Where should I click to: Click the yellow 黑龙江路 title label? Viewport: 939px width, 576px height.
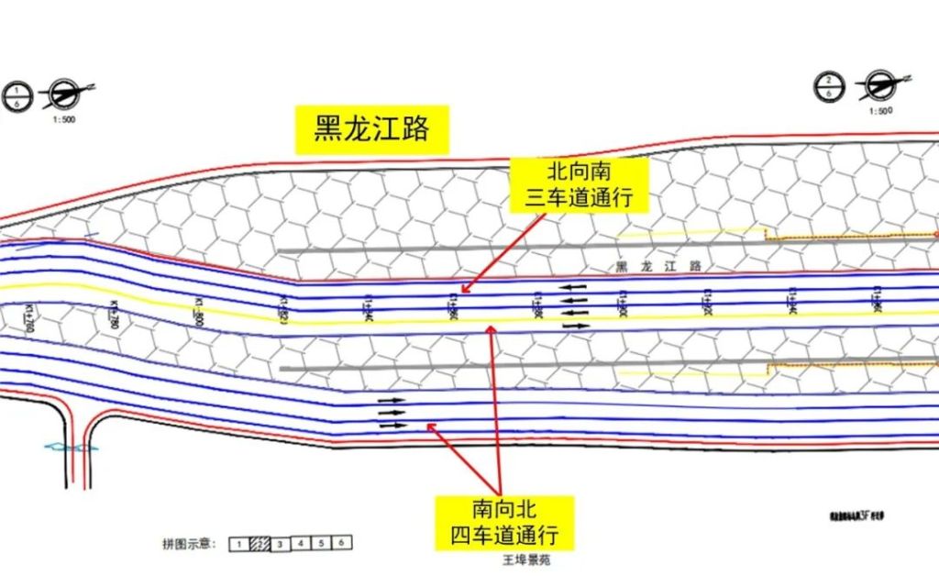pos(371,129)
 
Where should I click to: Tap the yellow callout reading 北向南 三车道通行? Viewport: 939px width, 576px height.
pos(579,183)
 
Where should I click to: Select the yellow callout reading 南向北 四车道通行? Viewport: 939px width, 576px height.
pos(504,522)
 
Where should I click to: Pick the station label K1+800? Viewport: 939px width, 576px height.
pos(199,312)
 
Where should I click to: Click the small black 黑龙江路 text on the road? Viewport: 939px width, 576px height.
pos(657,266)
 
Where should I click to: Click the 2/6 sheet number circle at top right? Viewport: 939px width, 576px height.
pos(828,88)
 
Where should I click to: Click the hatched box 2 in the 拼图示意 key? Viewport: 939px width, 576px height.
pos(260,543)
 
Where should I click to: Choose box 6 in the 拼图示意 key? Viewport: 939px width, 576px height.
pos(341,543)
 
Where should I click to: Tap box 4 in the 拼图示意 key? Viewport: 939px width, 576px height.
pos(301,543)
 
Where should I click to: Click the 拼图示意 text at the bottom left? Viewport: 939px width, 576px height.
pos(187,544)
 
